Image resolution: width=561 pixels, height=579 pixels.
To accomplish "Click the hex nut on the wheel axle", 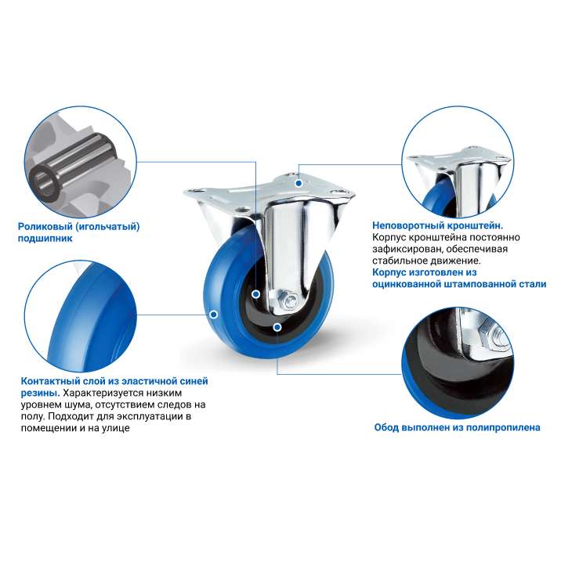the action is click(x=288, y=299).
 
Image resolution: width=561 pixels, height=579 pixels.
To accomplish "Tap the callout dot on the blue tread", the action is click(x=213, y=315).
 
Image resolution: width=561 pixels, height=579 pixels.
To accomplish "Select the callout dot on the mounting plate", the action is click(x=299, y=183).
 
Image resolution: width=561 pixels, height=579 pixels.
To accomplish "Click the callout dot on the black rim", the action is click(x=277, y=327).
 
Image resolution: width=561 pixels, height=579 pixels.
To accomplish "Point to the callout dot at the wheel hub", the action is click(x=256, y=294).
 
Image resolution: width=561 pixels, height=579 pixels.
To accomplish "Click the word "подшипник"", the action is click(x=45, y=239).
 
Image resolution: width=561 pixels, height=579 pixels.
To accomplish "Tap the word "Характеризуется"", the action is click(x=103, y=393).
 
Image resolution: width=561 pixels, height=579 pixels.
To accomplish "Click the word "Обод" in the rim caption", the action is click(x=386, y=428).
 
